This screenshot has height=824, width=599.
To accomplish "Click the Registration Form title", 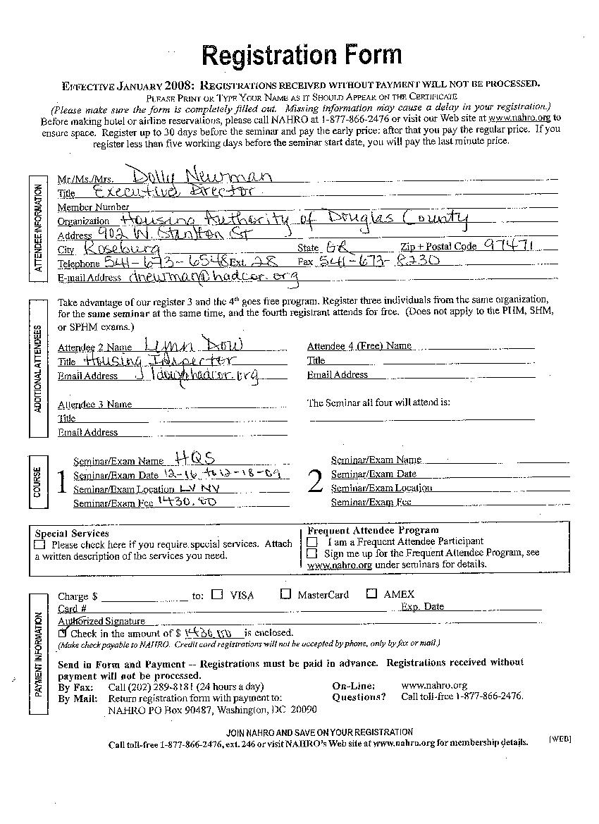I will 302,55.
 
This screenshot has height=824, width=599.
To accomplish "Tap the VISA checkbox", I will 218,594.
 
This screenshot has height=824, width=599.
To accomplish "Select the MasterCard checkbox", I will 285,594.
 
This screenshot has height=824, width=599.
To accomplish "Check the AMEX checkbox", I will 371,594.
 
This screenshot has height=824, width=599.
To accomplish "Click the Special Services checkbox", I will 39,544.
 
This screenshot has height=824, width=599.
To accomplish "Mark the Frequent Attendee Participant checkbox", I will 311,541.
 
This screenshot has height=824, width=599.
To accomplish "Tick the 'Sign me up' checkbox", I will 311,553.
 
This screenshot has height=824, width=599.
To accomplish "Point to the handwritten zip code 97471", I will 512,246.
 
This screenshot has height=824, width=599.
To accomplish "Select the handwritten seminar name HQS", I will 197,457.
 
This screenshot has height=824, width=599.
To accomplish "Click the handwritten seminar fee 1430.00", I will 187,501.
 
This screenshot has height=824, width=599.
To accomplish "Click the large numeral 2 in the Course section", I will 315,481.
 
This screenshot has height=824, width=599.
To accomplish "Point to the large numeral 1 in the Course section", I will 61,483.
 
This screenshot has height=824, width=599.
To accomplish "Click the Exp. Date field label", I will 422,606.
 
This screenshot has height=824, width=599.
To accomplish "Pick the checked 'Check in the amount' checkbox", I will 63,633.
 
